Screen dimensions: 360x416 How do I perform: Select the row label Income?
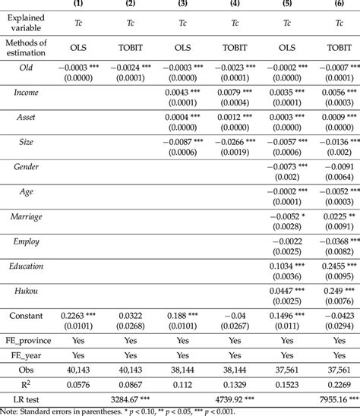pyautogui.click(x=27, y=92)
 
